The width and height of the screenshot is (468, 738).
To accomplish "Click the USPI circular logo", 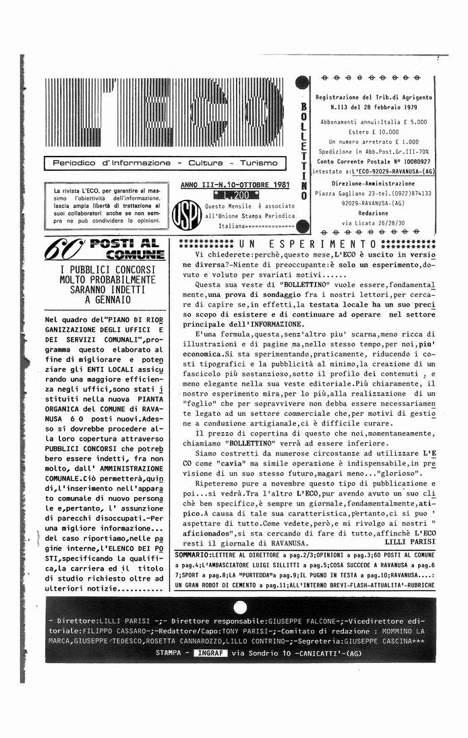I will tap(185, 213).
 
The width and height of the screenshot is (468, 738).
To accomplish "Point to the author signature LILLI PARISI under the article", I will tap(409, 542).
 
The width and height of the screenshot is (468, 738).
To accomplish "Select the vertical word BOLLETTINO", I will tap(303, 151).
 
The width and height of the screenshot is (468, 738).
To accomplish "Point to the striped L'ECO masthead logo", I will tap(165, 113).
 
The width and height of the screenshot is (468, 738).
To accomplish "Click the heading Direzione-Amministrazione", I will tap(374, 183).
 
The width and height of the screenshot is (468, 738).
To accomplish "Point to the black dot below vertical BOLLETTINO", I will tap(303, 226).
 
